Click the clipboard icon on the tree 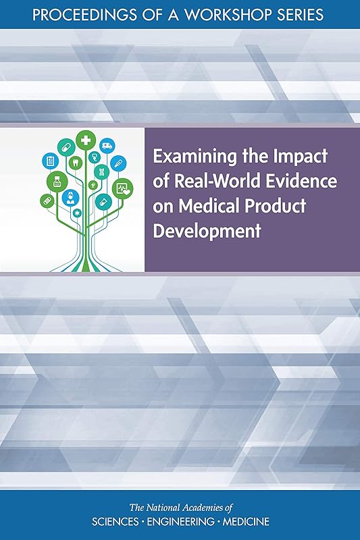[49, 160]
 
